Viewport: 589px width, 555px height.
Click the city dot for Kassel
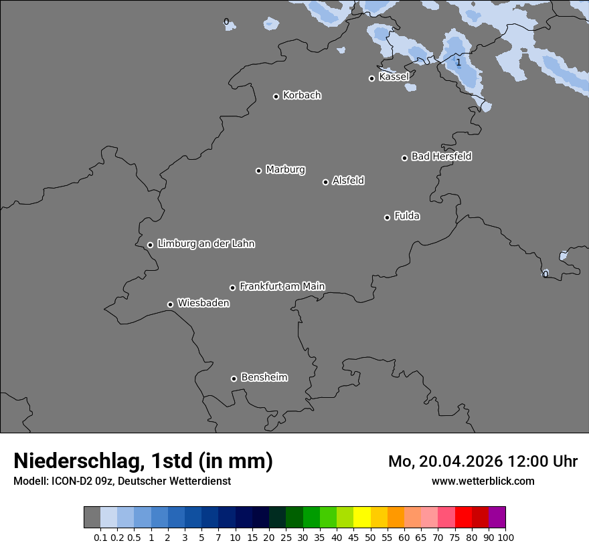(372, 78)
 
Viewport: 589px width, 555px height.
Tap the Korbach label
(302, 96)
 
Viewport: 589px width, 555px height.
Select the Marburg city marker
(258, 171)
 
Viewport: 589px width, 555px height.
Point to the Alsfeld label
(348, 181)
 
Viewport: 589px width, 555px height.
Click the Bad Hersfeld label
(441, 156)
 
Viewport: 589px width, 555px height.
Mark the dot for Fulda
(387, 217)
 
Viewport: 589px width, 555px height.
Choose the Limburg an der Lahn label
(205, 244)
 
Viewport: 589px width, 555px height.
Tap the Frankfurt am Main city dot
(233, 288)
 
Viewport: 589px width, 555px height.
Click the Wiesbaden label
(203, 304)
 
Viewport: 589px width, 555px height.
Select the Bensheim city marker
(234, 378)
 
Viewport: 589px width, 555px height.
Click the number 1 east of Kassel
(458, 63)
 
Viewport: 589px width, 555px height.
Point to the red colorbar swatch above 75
(463, 517)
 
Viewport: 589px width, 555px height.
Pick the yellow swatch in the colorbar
(362, 517)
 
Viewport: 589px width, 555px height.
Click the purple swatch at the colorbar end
(497, 517)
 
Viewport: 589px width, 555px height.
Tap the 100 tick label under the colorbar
(505, 537)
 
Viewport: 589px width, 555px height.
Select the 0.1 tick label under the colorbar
(100, 537)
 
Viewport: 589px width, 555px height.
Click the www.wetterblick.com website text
(483, 481)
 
